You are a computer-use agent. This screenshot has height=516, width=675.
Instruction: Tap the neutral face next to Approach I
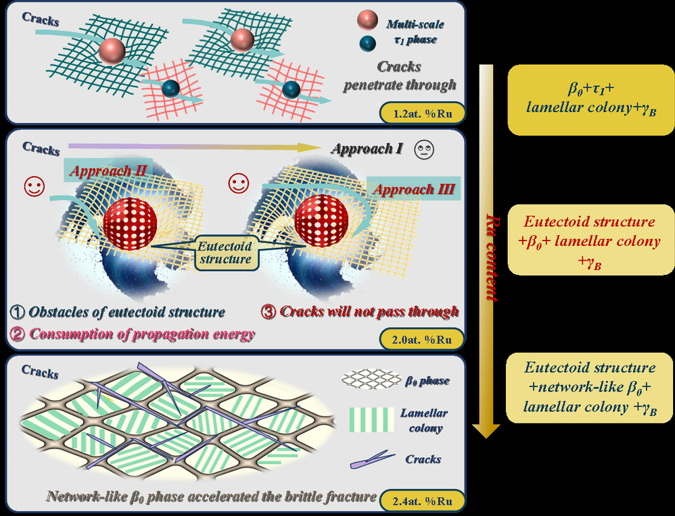click(424, 147)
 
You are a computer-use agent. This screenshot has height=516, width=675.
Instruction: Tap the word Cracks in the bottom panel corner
click(41, 371)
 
